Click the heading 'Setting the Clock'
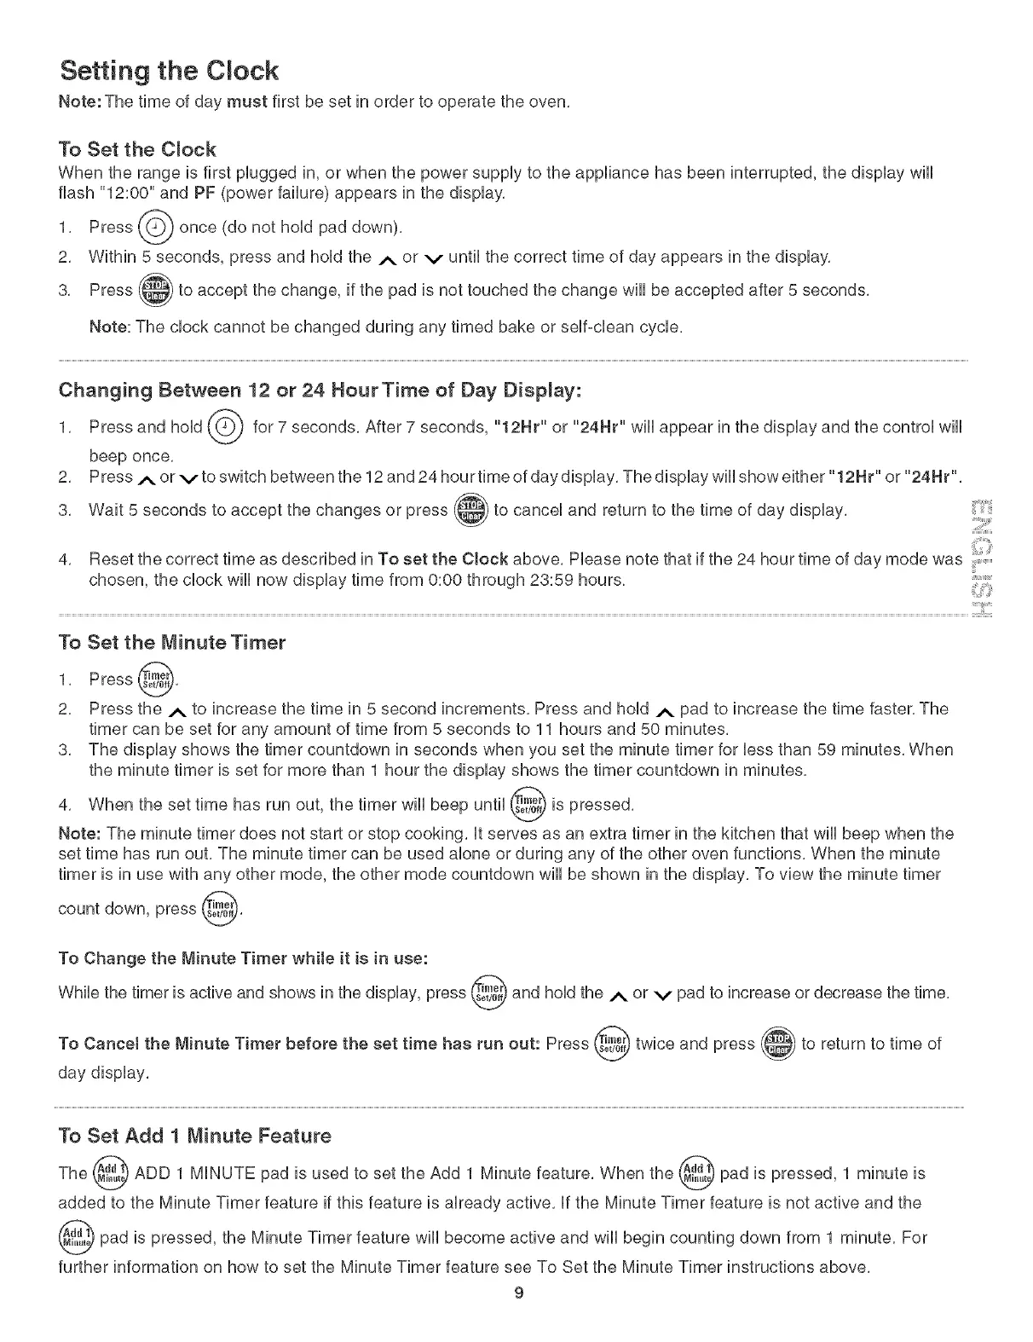point(168,70)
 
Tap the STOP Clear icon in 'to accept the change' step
point(155,290)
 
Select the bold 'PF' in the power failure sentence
point(203,193)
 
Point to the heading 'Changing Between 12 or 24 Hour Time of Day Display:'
point(320,390)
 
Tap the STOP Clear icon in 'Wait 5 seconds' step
point(470,511)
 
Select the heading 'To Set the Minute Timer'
point(171,642)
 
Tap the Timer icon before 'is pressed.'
point(526,804)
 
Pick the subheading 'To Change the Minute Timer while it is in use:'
point(242,957)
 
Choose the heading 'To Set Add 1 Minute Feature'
point(194,1136)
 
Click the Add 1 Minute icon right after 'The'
point(110,1173)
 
